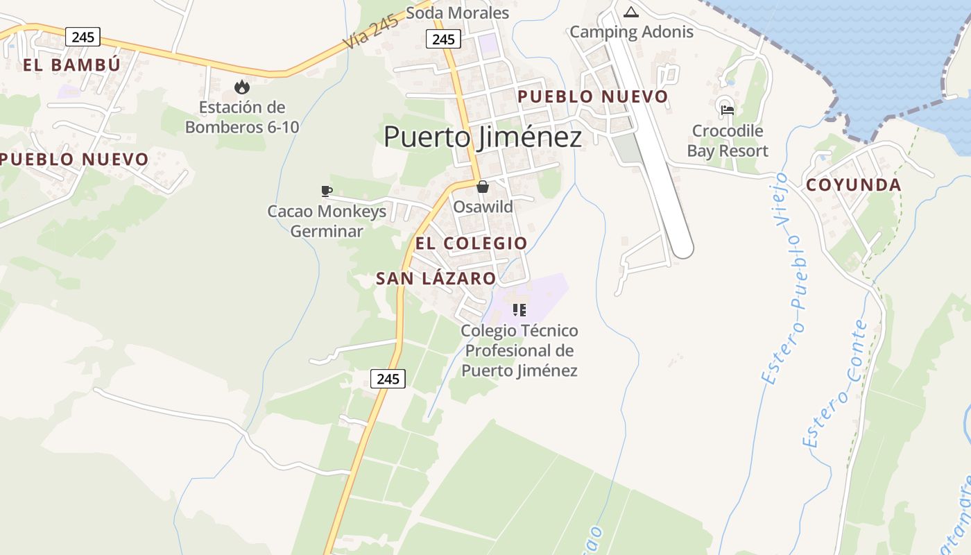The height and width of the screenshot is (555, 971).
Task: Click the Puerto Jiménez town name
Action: coord(483,137)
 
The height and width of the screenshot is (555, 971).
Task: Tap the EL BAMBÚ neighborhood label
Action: coord(71,65)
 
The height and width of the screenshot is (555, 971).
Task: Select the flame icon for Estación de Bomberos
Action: coord(241,87)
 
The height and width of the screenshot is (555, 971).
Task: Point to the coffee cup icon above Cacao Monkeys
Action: coord(327,191)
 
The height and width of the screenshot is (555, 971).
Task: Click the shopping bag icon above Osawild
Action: coord(483,187)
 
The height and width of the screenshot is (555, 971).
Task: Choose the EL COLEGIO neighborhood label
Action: coord(471,244)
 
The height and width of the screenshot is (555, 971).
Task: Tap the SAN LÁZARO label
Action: coord(436,279)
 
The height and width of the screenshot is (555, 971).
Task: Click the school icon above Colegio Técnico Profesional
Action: coord(519,310)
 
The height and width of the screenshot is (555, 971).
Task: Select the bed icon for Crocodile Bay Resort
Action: coord(727,110)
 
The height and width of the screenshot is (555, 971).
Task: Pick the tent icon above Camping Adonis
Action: coord(630,12)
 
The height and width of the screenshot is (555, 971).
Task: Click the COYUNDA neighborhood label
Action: coord(853,185)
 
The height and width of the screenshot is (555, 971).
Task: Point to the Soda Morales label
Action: coord(457,13)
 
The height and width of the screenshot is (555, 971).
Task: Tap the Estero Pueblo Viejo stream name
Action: coord(785,277)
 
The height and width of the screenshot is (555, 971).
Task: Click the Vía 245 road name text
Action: coord(370,32)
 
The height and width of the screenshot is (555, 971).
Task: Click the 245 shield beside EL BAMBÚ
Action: coord(83,37)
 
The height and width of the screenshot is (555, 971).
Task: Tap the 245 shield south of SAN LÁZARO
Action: coord(388,378)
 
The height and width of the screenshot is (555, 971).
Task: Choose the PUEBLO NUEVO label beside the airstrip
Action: coord(593,96)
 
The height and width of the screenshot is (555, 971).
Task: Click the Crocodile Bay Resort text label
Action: coord(728,141)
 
